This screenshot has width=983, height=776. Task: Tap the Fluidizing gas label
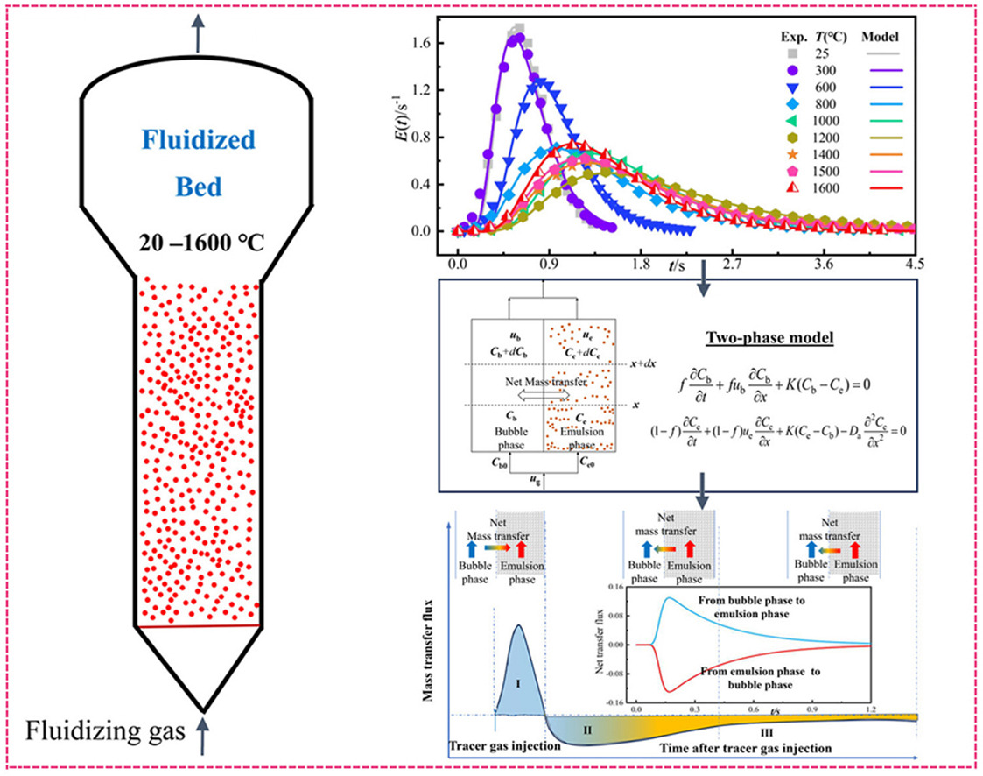point(93,730)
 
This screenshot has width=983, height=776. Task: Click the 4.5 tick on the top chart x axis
point(912,263)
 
